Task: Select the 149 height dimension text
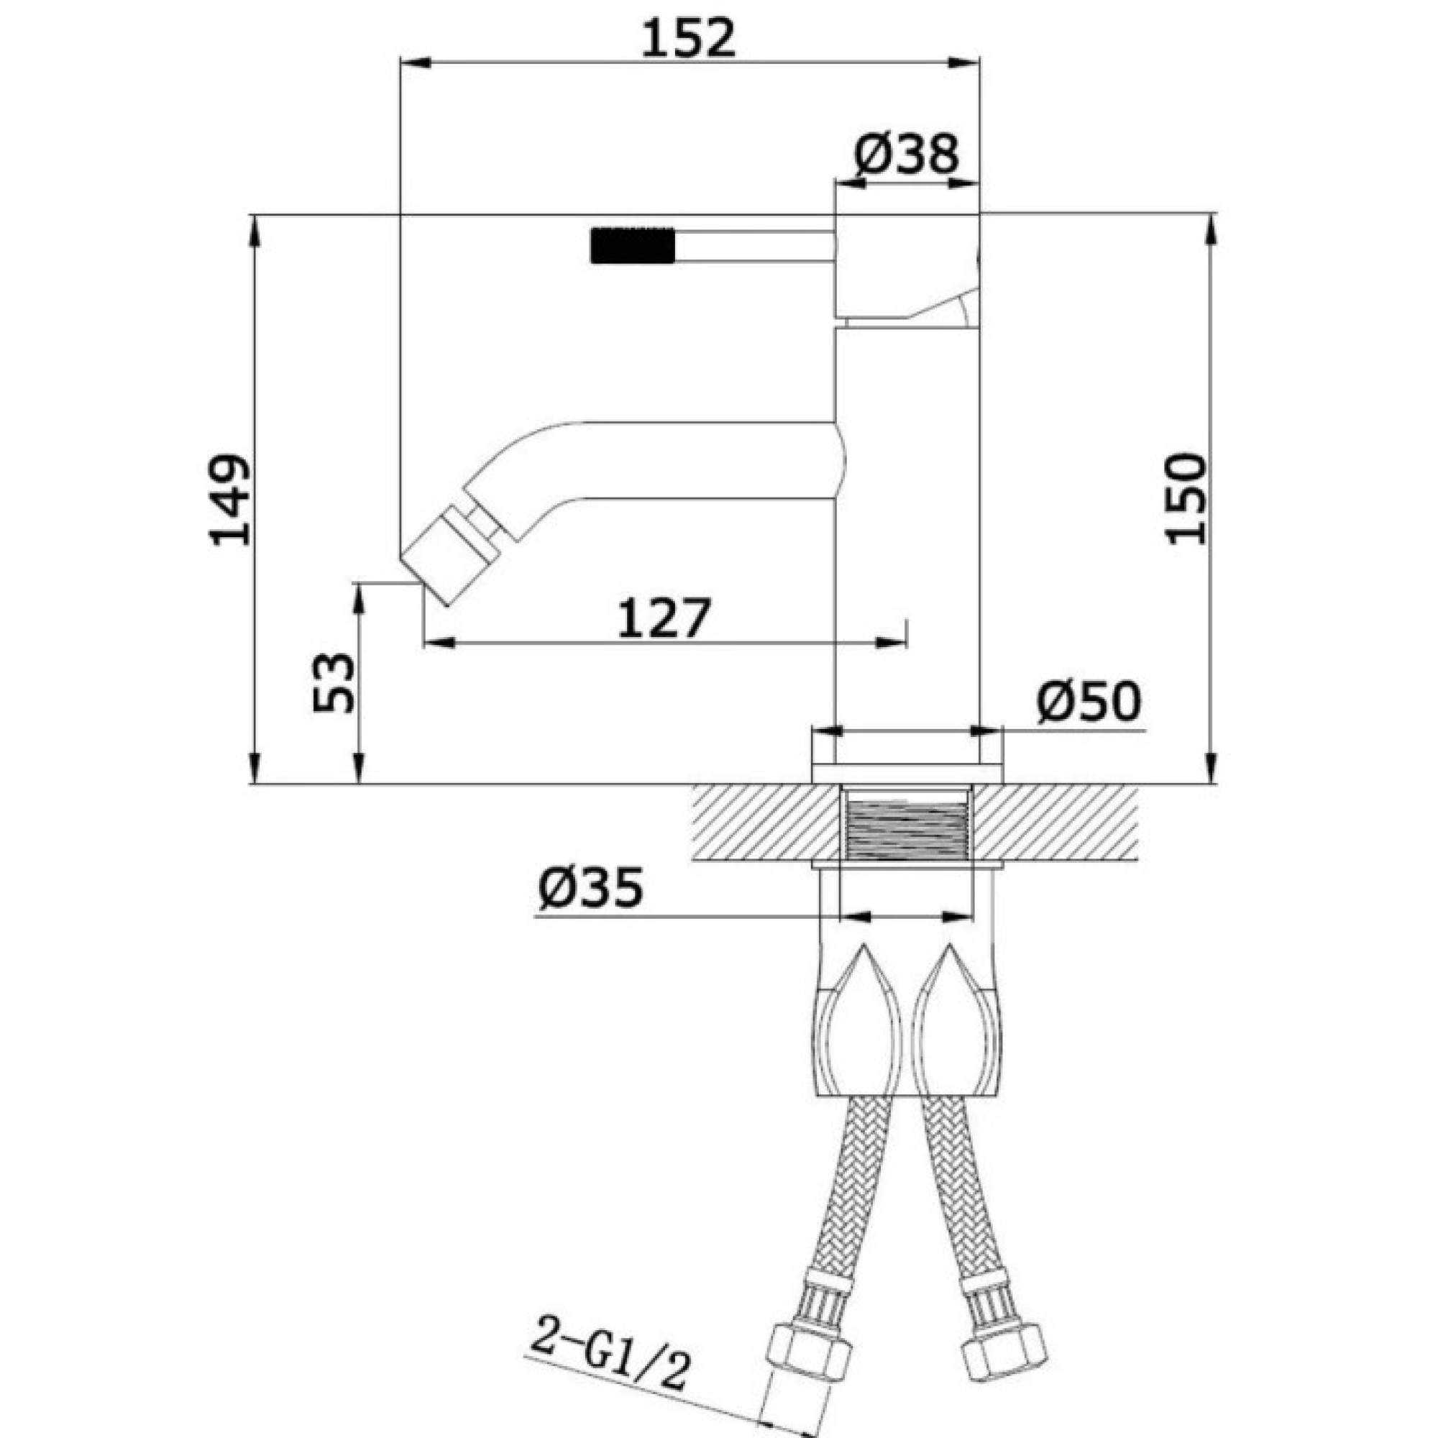point(229,500)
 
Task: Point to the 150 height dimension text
point(1186,500)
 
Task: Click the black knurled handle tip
point(632,245)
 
